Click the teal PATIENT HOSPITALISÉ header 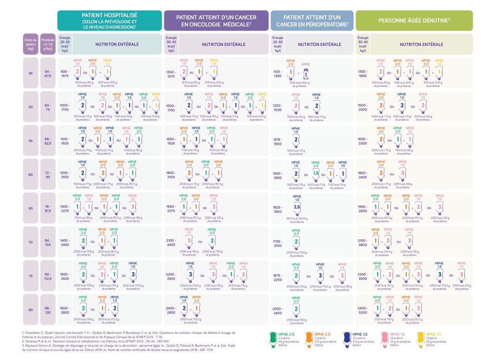(x=109, y=21)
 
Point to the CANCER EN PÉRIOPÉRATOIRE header (x=312, y=21)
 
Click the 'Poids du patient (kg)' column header (x=31, y=44)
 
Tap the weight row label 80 (x=31, y=310)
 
